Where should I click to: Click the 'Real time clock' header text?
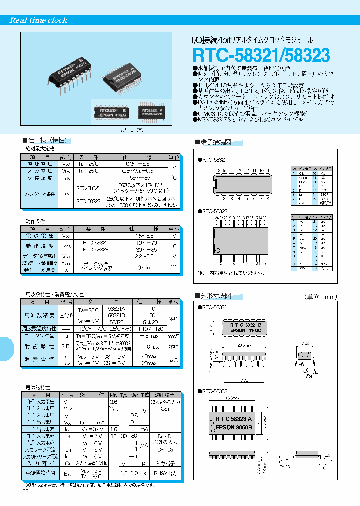pos(38,20)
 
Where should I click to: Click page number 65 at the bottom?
pos(26,492)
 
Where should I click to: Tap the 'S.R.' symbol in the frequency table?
pos(66,346)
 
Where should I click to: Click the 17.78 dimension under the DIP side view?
pos(244,380)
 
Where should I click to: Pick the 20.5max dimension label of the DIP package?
pos(244,345)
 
